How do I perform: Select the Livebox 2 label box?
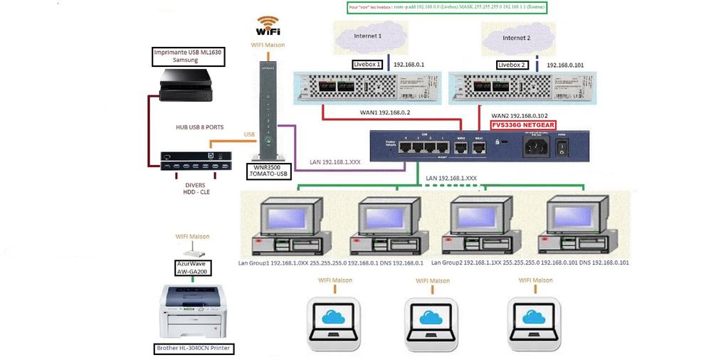click(512, 65)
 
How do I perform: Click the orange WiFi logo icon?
click(267, 26)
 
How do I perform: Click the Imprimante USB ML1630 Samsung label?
click(189, 57)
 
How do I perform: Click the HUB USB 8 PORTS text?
click(199, 127)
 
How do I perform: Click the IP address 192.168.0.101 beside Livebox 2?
click(565, 65)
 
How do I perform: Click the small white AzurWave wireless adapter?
click(192, 251)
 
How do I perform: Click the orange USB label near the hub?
click(249, 134)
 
